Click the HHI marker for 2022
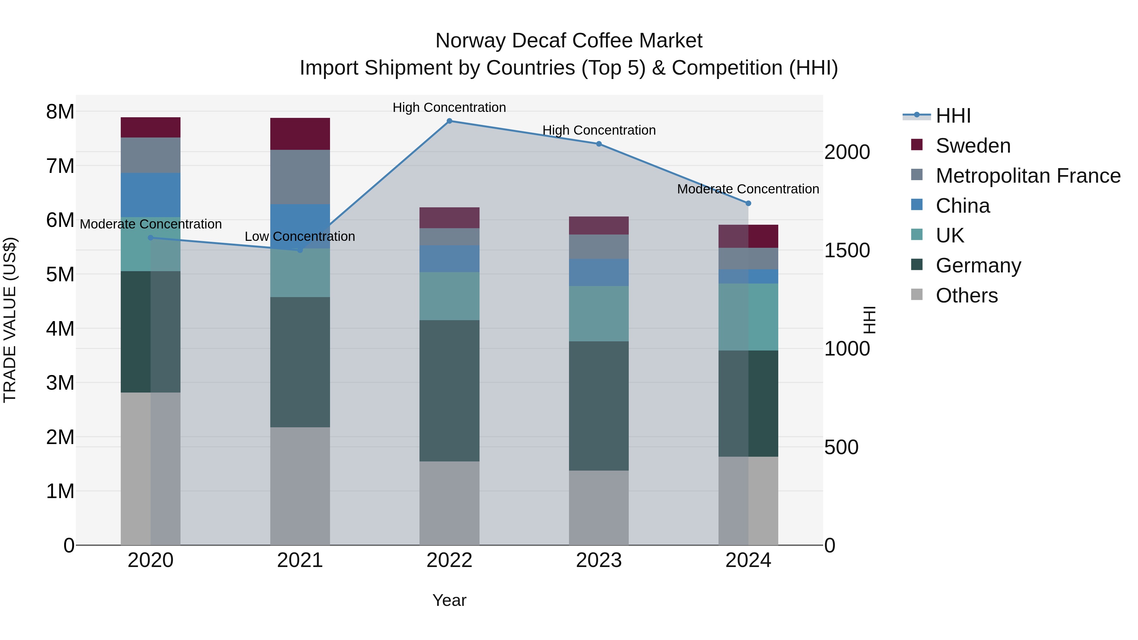[x=449, y=121]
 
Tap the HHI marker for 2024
[x=748, y=204]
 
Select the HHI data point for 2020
[x=151, y=238]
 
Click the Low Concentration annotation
[x=300, y=237]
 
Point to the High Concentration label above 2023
[x=599, y=130]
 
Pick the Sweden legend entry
[x=972, y=146]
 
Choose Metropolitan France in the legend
[x=1028, y=176]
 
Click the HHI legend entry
[x=953, y=116]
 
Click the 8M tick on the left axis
[x=60, y=112]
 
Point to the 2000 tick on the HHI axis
[x=847, y=152]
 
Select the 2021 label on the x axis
[x=300, y=560]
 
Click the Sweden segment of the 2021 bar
[x=300, y=134]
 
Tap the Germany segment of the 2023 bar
[x=599, y=405]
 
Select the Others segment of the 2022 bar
[x=449, y=503]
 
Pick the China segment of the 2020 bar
[x=151, y=195]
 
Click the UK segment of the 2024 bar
[x=748, y=317]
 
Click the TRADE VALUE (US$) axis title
[x=10, y=320]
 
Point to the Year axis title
[x=449, y=600]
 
